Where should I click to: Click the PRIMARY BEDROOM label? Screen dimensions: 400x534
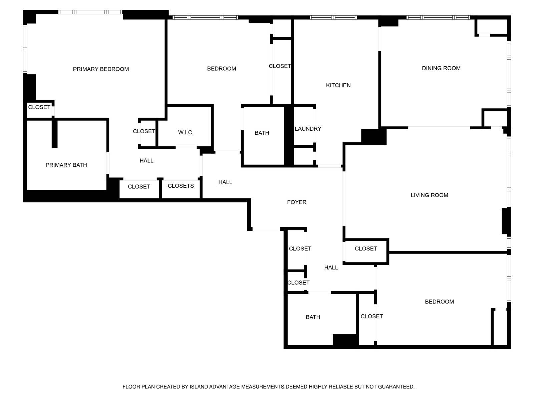(101, 69)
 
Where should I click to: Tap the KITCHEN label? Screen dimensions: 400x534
(338, 85)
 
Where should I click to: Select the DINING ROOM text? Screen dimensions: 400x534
(441, 68)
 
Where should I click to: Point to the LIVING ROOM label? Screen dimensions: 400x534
(429, 195)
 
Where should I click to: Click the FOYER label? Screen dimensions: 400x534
(296, 202)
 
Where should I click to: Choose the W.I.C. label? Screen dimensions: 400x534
(186, 133)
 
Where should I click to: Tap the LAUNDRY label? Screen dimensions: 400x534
(308, 129)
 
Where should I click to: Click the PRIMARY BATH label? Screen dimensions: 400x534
(66, 165)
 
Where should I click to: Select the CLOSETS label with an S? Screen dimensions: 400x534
(181, 186)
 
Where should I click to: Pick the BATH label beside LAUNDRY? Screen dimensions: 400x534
(262, 133)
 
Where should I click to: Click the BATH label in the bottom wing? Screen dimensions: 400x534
(313, 317)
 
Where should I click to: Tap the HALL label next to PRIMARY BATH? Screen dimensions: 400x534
(146, 161)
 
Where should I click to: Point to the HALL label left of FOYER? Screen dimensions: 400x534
(225, 182)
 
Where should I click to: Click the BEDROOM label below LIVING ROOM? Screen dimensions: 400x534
(439, 302)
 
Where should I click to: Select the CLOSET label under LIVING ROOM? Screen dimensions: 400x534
(366, 249)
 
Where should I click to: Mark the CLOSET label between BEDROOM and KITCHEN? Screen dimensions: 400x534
(280, 66)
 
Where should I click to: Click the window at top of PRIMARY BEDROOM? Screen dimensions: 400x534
(90, 12)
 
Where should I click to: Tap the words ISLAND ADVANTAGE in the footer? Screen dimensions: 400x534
(215, 387)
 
